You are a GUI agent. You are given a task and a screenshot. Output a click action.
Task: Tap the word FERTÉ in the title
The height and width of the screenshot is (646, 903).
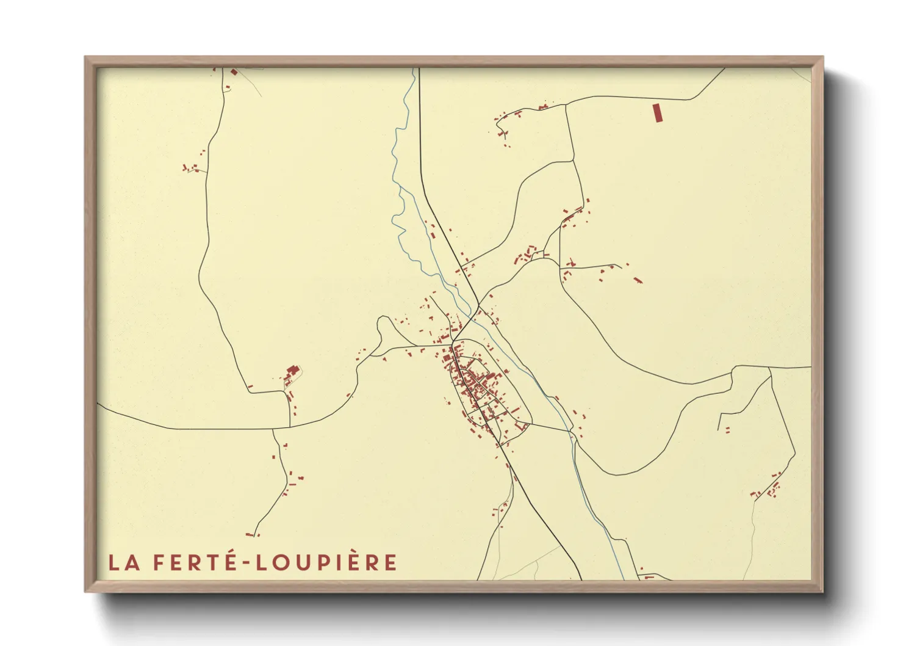pos(193,562)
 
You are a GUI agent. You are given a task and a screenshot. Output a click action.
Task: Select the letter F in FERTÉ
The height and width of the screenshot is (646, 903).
pos(158,562)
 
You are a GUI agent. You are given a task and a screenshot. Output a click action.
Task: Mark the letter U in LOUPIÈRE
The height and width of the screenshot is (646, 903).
pos(300,562)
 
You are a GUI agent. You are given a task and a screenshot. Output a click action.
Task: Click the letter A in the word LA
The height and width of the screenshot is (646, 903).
pos(132,562)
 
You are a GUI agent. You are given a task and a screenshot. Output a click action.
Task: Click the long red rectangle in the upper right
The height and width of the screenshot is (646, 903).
pos(657,113)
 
